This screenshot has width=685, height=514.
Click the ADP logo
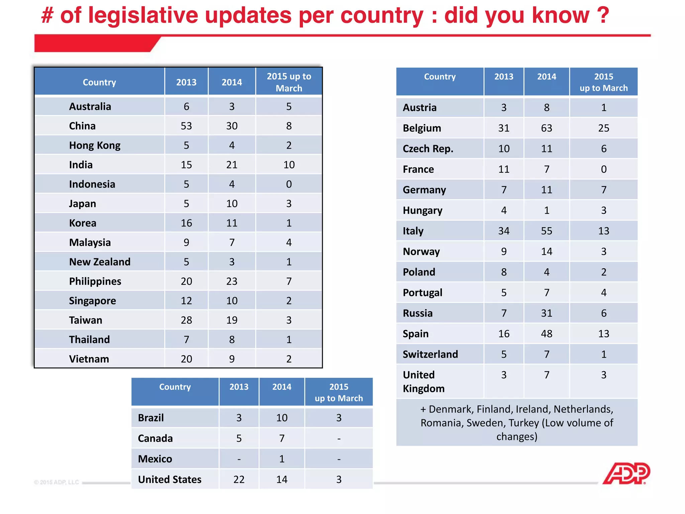[626, 474]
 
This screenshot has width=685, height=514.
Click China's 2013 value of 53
[186, 126]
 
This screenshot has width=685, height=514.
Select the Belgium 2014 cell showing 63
[547, 128]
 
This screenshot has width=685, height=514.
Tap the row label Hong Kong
[95, 146]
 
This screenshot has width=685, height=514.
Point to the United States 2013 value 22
[239, 480]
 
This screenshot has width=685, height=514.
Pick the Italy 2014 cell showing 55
[547, 231]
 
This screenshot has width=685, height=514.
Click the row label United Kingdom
[423, 381]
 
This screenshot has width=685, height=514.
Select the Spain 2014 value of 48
[547, 334]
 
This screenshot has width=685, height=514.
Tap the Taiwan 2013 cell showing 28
[186, 320]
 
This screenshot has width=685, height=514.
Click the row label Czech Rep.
[428, 149]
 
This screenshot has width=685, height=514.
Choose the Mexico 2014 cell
[282, 459]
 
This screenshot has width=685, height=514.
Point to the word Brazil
[151, 418]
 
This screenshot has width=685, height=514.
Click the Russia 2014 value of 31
[547, 313]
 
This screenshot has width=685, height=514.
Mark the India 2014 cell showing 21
[232, 165]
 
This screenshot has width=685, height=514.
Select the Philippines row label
[95, 281]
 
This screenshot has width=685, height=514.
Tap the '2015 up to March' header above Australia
[289, 82]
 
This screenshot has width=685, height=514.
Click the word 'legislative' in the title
[143, 16]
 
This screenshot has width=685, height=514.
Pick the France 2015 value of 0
[603, 169]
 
